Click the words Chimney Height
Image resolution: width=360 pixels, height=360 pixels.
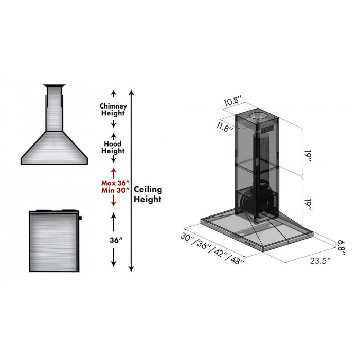113,109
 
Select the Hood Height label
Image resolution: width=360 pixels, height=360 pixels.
113,148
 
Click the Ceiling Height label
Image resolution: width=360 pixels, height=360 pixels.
148,194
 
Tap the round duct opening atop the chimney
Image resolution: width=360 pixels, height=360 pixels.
257,116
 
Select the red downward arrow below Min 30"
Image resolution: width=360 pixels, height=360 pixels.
113,203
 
